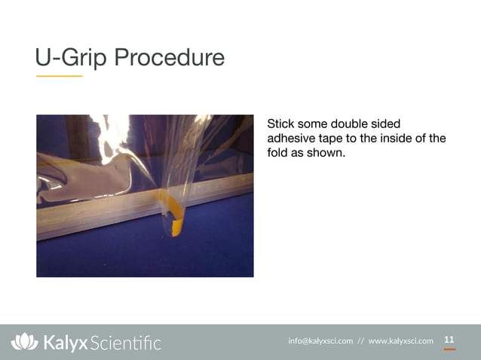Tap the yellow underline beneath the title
click(59, 76)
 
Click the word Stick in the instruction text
click(280, 124)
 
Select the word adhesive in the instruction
click(291, 138)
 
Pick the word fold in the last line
click(277, 152)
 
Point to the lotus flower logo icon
click(24, 342)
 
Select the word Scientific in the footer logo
click(125, 343)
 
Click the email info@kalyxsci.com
click(320, 341)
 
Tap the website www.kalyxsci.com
click(400, 341)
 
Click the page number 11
click(449, 340)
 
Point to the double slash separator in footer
click(360, 341)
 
